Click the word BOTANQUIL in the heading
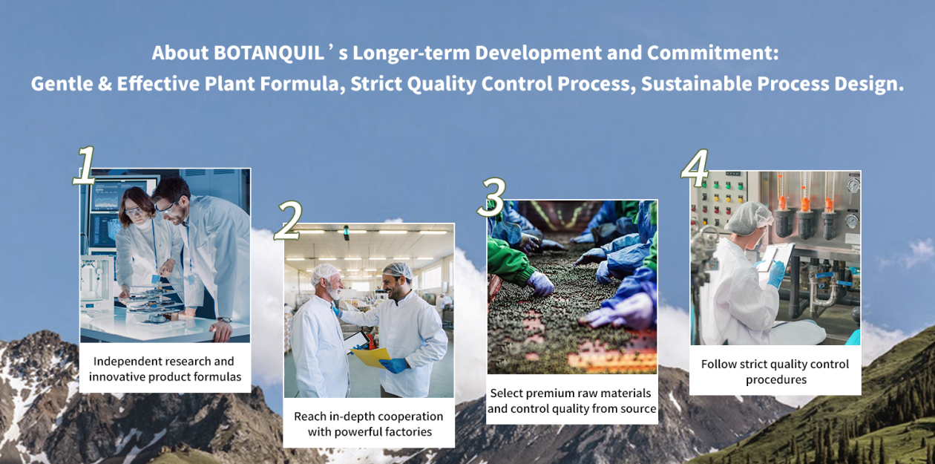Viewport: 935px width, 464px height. pyautogui.click(x=269, y=53)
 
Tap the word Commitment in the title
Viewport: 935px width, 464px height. pyautogui.click(x=713, y=53)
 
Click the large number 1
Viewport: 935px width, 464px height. pyautogui.click(x=85, y=166)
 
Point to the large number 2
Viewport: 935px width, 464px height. pyautogui.click(x=288, y=220)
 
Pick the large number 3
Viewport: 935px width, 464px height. pyautogui.click(x=492, y=197)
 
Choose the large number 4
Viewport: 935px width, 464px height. pyautogui.click(x=695, y=169)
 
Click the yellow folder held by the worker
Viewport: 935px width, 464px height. pyautogui.click(x=371, y=357)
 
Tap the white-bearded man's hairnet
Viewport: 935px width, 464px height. pyautogui.click(x=324, y=272)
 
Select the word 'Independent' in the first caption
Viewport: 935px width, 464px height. pyautogui.click(x=122, y=362)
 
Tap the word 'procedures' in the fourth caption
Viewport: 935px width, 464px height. pyautogui.click(x=776, y=379)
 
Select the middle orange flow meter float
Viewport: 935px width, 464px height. pyautogui.click(x=804, y=204)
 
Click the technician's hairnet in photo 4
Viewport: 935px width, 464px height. pyautogui.click(x=749, y=218)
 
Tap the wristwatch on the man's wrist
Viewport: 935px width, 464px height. pyautogui.click(x=224, y=319)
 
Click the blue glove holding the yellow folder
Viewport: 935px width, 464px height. pyautogui.click(x=393, y=365)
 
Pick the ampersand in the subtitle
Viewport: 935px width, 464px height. pyautogui.click(x=105, y=84)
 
